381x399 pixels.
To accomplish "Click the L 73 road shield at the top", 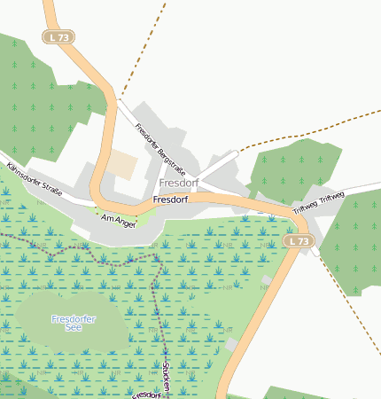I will [58, 37].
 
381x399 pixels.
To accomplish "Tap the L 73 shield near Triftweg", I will [299, 241].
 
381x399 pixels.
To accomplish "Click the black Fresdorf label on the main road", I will [170, 200].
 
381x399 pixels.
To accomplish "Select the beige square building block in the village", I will [123, 165].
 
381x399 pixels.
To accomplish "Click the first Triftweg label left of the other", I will [304, 206].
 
